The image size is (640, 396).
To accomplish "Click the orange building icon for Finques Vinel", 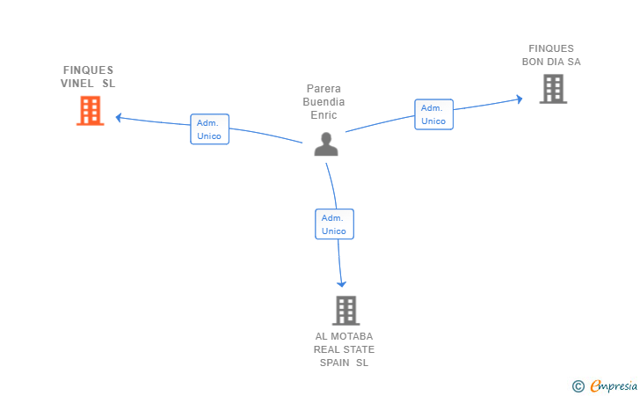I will (x=90, y=111).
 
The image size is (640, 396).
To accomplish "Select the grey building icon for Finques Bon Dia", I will (x=553, y=89).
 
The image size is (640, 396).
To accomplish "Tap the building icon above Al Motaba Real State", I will (x=345, y=311).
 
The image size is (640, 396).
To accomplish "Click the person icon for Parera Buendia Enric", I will (x=326, y=144).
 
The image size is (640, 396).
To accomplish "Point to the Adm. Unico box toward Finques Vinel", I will (x=209, y=129).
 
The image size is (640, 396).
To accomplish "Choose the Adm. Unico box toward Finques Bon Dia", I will (x=433, y=114).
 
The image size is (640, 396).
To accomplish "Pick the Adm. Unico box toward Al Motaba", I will (x=334, y=224).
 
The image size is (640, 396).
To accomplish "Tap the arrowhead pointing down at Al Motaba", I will (x=341, y=283).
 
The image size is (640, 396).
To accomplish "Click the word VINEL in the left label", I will (x=76, y=84).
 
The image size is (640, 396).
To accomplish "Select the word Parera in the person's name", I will (x=324, y=89).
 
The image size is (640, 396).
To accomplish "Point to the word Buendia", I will (x=324, y=102).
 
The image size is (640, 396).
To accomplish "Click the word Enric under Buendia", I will (x=324, y=115).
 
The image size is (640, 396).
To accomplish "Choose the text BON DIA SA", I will (x=551, y=62).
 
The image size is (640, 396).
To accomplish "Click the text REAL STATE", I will (x=345, y=349).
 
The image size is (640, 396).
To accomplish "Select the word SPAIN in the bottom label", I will (x=334, y=363).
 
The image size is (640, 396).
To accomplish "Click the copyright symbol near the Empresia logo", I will (x=578, y=385).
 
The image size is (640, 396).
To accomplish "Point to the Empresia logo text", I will (x=615, y=385).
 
